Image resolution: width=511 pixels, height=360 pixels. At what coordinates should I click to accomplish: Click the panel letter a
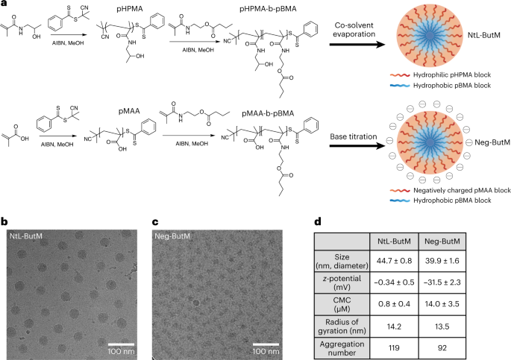tap(4, 5)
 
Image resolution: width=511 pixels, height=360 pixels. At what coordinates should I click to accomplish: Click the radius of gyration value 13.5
tap(466, 329)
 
